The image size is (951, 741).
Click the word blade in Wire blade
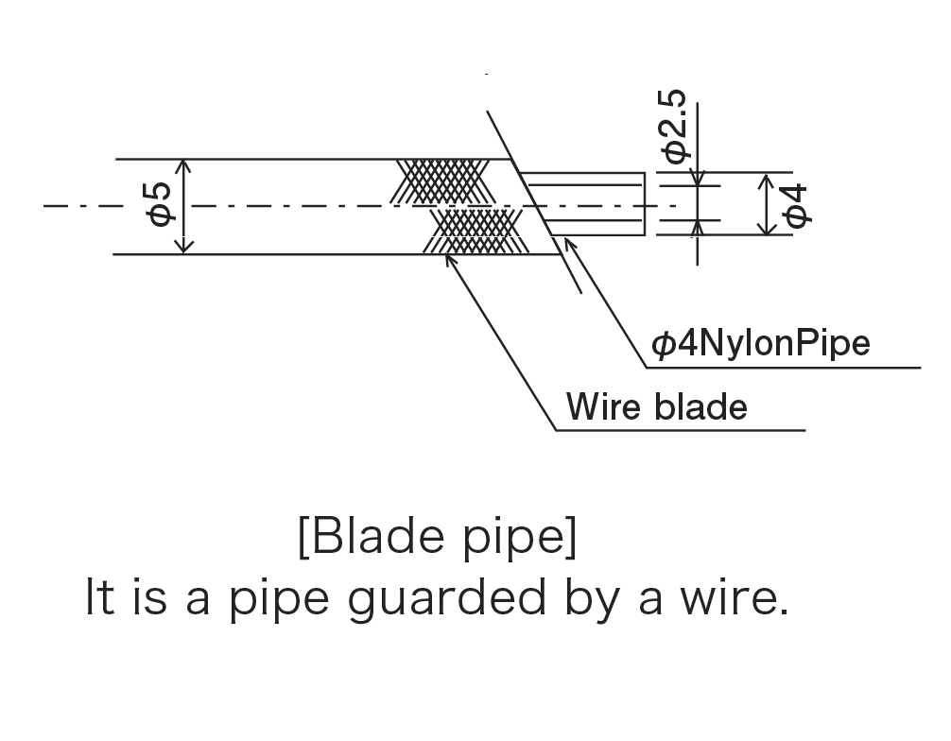pyautogui.click(x=700, y=407)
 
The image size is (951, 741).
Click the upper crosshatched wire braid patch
pyautogui.click(x=441, y=181)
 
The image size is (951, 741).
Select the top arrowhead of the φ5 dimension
pyautogui.click(x=185, y=165)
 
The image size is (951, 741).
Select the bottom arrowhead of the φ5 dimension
pyautogui.click(x=185, y=247)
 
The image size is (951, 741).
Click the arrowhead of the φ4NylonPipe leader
pyautogui.click(x=566, y=242)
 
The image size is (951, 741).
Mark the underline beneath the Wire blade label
pyautogui.click(x=681, y=431)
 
